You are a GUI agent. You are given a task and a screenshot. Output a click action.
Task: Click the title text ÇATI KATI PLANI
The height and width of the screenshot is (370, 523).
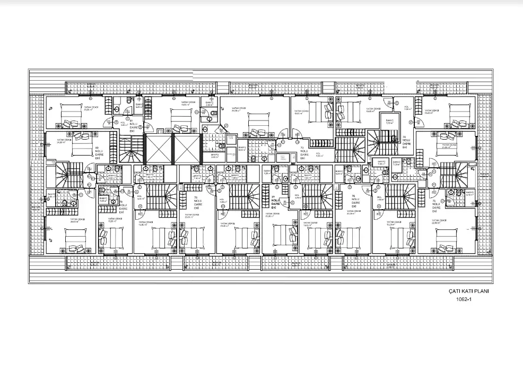coord(468,291)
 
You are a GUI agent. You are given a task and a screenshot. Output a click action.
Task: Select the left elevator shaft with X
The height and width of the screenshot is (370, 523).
coord(159,149)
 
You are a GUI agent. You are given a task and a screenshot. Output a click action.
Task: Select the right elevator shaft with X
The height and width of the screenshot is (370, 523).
coord(187,149)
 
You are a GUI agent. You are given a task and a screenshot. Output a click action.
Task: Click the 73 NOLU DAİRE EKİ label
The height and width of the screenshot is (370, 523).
coord(303,153)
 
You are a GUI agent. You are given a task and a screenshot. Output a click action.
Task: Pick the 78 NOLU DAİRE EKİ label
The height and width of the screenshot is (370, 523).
coord(196,203)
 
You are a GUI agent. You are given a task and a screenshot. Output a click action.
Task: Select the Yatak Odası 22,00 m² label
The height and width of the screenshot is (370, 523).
coord(439,221)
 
